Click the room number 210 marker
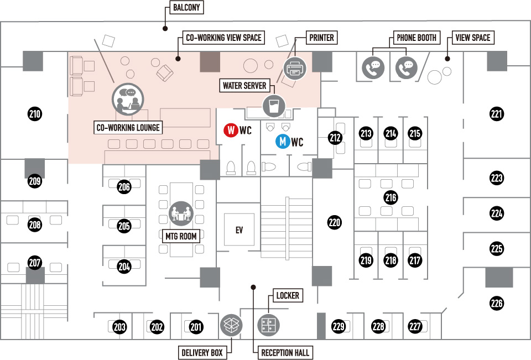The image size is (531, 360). click(34, 114)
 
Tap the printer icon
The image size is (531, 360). click(295, 69)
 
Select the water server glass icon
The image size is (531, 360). click(274, 106)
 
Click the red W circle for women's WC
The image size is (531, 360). click(231, 130)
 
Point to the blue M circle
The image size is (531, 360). click(283, 141)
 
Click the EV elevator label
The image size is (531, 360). click(239, 230)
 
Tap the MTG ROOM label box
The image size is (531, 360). click(181, 236)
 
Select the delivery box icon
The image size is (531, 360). click(232, 325)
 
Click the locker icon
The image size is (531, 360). click(269, 325)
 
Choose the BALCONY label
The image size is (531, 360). click(186, 7)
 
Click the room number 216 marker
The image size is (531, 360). click(391, 197)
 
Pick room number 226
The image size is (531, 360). click(497, 303)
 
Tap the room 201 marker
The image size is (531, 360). click(196, 327)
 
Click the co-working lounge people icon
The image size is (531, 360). click(128, 99)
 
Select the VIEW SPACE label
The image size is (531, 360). click(473, 38)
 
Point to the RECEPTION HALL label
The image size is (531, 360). click(285, 353)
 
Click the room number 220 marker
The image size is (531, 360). click(335, 222)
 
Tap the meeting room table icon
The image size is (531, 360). click(181, 213)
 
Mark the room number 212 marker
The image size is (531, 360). click(335, 137)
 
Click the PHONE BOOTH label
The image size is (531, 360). click(417, 38)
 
